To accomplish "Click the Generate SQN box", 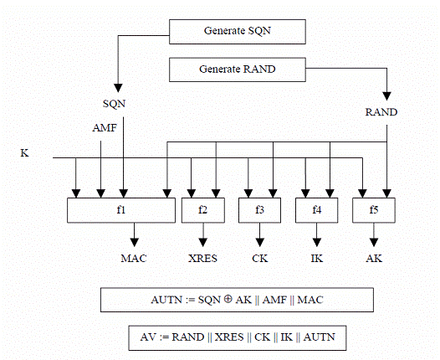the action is coord(238,32).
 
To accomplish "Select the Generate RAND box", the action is coord(238,69).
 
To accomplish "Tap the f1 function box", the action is coord(121,210).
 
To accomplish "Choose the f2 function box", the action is coord(203,210).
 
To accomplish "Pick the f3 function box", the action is coord(260,210).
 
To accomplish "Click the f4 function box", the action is coord(317,210).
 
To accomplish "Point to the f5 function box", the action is coord(374,210).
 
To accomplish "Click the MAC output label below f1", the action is coord(134,259).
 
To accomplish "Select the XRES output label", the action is coord(203,259).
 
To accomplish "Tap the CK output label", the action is coord(260,259).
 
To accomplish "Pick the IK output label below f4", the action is coord(317,259).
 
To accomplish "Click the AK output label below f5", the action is coord(374,259).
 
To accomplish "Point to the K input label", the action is coord(24,153).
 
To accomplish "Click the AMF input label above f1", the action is coord(105,128).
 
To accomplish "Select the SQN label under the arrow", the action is coord(115,104).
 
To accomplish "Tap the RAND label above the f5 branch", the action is coord(381,112).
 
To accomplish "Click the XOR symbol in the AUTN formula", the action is coord(228,299).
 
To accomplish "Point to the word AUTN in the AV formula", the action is coord(320,337).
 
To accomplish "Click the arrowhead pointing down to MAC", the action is coord(135,242).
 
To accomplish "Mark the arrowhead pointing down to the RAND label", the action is coord(387,96).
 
